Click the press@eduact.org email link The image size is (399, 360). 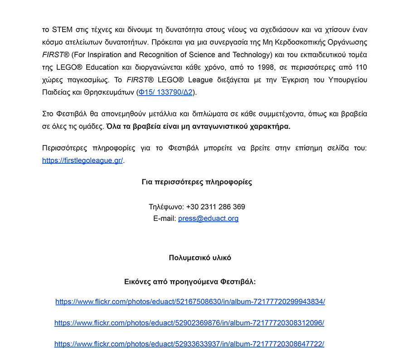coord(208,219)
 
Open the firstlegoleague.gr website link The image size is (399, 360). coord(82,161)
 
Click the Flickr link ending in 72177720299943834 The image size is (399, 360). coord(190,302)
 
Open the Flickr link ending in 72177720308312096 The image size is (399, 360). coord(189,323)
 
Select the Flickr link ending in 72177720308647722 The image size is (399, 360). coord(189,344)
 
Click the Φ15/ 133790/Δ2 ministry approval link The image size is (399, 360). coord(165,92)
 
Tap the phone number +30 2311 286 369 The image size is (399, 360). coord(215,207)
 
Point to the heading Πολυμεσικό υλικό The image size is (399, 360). coord(200,258)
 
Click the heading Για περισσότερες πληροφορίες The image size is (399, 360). coord(197,182)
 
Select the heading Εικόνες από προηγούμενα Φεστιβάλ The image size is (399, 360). coord(190,282)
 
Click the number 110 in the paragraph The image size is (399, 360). coord(360,67)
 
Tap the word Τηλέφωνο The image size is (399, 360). coord(165,207)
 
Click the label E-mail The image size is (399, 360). coord(164,219)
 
